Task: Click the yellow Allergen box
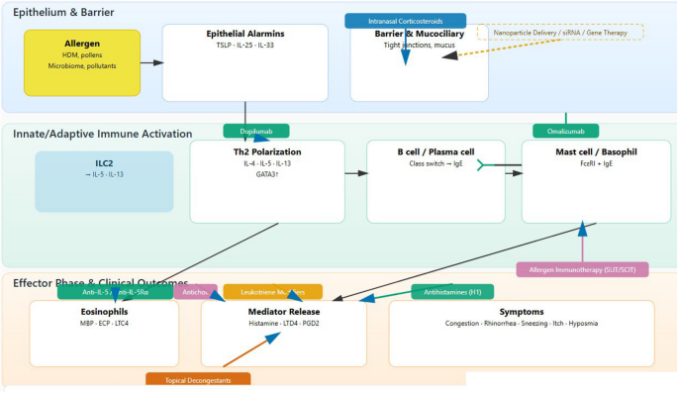point(82,62)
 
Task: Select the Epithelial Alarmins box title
point(244,34)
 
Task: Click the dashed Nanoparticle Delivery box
point(560,33)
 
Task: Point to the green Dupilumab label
point(255,131)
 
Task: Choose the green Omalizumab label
point(565,131)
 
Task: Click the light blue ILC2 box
point(104,180)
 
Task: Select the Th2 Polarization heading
point(267,152)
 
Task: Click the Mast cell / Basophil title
point(590,152)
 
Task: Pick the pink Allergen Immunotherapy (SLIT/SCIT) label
point(582,269)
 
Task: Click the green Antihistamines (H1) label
point(451,291)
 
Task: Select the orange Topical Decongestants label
point(198,379)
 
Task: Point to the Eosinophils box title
point(105,311)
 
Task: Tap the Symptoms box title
point(521,311)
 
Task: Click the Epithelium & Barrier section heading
point(63,13)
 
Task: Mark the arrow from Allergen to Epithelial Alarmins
point(151,62)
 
